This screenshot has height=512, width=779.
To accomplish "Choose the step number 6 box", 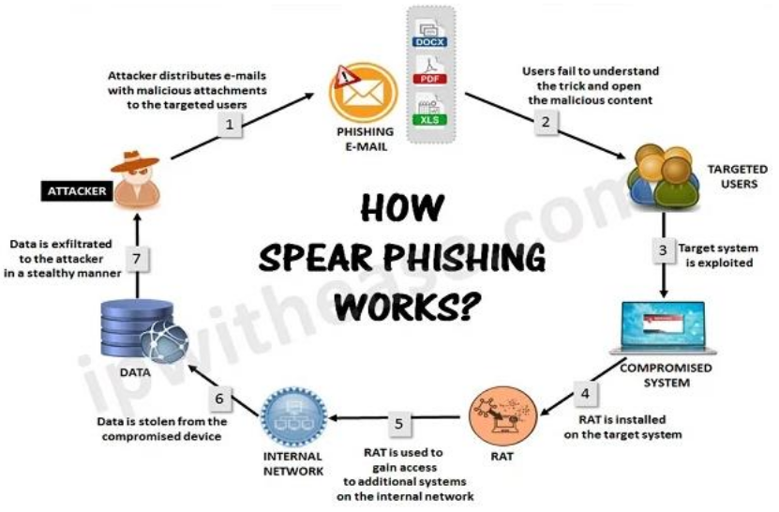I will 220,398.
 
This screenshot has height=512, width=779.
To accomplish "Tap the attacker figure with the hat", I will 136,177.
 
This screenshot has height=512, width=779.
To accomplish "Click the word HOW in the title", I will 402,208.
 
